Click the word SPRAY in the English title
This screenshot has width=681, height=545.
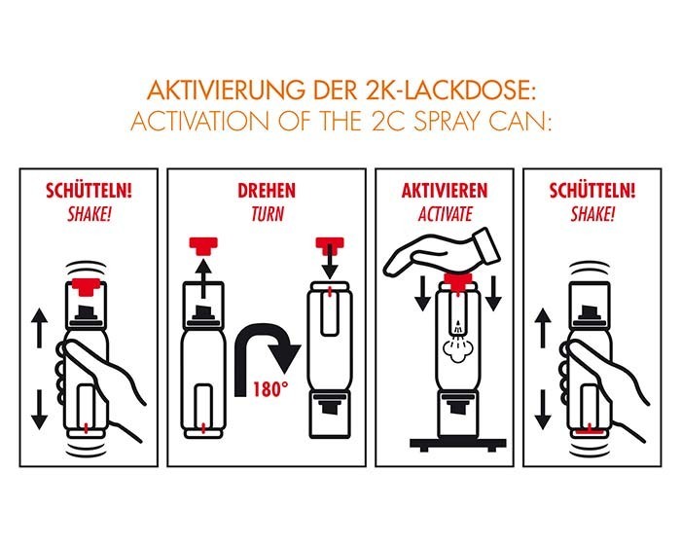point(448,121)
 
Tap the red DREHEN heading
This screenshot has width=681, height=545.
point(267,191)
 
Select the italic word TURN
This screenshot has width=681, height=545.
point(268,214)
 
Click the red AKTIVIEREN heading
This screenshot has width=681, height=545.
point(445,191)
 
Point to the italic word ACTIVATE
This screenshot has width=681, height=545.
point(446,214)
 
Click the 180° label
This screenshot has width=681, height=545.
point(270,389)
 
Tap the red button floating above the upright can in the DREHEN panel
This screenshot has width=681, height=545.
point(203,246)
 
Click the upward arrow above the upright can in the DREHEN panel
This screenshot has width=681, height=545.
point(202,278)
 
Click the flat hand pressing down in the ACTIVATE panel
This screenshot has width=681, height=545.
point(443,252)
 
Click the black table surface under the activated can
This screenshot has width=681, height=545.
point(458,445)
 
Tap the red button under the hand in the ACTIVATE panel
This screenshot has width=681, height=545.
point(458,280)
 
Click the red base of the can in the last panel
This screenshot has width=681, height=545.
point(589,433)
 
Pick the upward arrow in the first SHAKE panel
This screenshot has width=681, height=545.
point(40,328)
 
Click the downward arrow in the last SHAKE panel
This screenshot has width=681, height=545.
point(543,410)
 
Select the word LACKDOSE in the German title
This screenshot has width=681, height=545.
point(455,91)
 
